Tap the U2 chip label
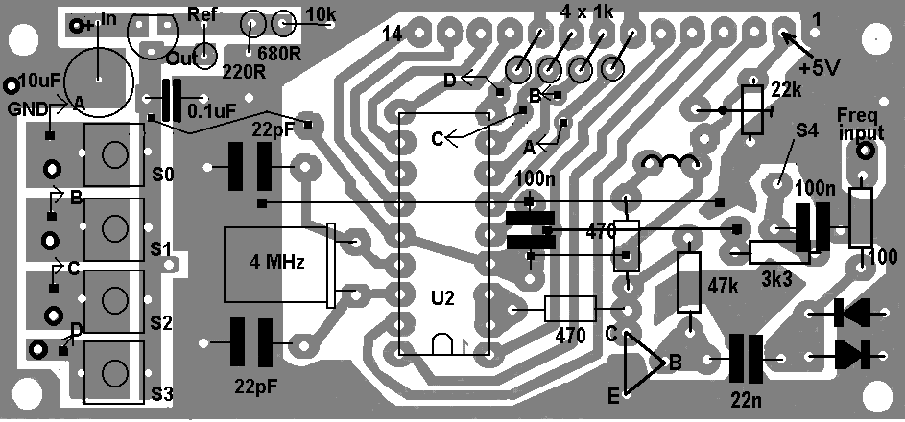tap(442, 298)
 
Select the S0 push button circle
tap(114, 154)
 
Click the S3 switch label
tap(161, 395)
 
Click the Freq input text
tap(860, 124)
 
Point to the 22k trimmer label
tap(787, 89)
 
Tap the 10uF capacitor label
tap(39, 82)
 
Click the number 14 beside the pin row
tap(393, 35)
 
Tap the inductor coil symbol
tap(670, 163)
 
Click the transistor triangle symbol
tap(644, 363)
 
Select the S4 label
tap(806, 130)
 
